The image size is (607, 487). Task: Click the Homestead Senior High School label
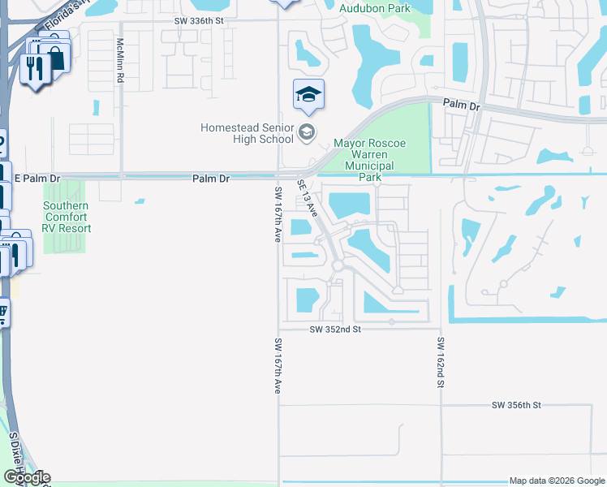248,133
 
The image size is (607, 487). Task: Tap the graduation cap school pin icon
308,96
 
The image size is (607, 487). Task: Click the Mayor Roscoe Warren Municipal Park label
369,160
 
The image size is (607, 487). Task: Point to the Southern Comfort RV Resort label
67,217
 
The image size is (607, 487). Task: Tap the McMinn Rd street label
120,60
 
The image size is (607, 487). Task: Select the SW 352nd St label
335,330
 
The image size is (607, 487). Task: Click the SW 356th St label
516,404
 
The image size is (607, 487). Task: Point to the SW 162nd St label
441,361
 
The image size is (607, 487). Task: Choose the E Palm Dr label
37,178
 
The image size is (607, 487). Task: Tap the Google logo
27,477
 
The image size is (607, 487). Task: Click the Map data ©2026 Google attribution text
556,481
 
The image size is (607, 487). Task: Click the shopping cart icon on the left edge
2,312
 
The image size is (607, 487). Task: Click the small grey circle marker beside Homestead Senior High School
307,132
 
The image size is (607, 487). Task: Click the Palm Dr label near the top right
462,105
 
